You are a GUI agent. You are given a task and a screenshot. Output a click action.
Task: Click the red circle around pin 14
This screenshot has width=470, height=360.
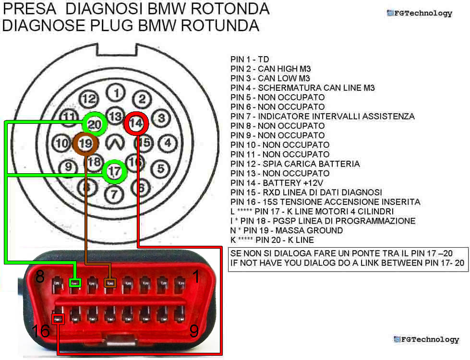click(x=136, y=123)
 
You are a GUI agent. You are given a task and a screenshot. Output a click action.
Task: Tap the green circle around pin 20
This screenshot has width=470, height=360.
click(x=95, y=124)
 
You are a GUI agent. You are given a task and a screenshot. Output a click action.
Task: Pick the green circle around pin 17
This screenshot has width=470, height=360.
click(x=114, y=171)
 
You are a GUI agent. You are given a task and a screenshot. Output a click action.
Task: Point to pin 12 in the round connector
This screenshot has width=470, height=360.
click(x=88, y=99)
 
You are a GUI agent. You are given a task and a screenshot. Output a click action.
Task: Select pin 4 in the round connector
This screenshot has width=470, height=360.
click(x=167, y=143)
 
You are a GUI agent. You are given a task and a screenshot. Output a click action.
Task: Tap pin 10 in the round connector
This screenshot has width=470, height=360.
click(x=61, y=143)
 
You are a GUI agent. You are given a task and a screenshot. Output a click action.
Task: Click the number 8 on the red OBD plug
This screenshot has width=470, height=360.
click(x=40, y=277)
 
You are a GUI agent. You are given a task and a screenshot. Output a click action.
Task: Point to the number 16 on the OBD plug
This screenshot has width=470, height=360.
click(x=41, y=331)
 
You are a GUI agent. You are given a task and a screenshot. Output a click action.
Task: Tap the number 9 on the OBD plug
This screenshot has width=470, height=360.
click(x=194, y=331)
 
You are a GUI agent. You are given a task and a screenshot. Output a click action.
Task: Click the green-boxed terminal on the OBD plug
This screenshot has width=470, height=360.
click(x=75, y=283)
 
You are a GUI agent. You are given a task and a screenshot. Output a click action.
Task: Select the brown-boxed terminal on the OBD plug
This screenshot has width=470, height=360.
click(x=110, y=283)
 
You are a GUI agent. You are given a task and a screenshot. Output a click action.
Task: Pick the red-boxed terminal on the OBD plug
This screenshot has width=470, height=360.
click(x=58, y=318)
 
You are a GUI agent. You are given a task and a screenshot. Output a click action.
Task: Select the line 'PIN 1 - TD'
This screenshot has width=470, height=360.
click(x=250, y=59)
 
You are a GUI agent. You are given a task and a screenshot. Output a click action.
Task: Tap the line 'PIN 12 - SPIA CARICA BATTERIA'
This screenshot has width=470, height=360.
click(x=295, y=164)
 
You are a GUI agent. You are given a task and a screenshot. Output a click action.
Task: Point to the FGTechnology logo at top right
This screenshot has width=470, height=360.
click(x=420, y=13)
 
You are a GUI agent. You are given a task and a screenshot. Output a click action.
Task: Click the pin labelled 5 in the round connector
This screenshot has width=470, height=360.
click(x=161, y=168)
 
